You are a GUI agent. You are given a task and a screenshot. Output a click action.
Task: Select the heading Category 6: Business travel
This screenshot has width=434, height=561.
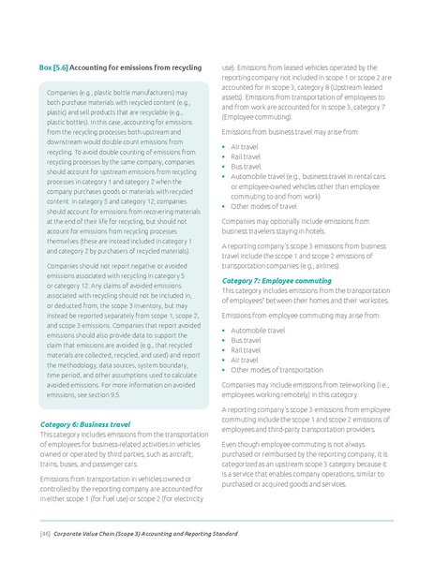(x=84, y=423)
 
